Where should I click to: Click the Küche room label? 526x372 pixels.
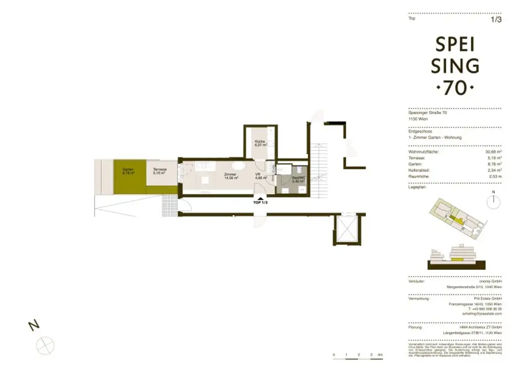click(x=259, y=143)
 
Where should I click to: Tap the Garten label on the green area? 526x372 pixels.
click(x=128, y=171)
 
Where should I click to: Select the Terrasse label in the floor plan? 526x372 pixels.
click(x=159, y=171)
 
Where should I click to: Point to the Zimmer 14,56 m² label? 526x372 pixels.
click(x=230, y=176)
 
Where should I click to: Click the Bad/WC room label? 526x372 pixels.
click(x=298, y=179)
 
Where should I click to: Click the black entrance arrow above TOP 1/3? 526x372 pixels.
click(x=260, y=198)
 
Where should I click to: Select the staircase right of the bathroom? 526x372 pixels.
click(x=320, y=170)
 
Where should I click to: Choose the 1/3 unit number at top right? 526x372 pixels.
click(x=496, y=20)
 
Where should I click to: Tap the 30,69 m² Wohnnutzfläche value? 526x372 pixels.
click(x=493, y=152)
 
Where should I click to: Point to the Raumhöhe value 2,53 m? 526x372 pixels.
click(x=495, y=176)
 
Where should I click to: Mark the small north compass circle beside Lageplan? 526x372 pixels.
click(x=493, y=201)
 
